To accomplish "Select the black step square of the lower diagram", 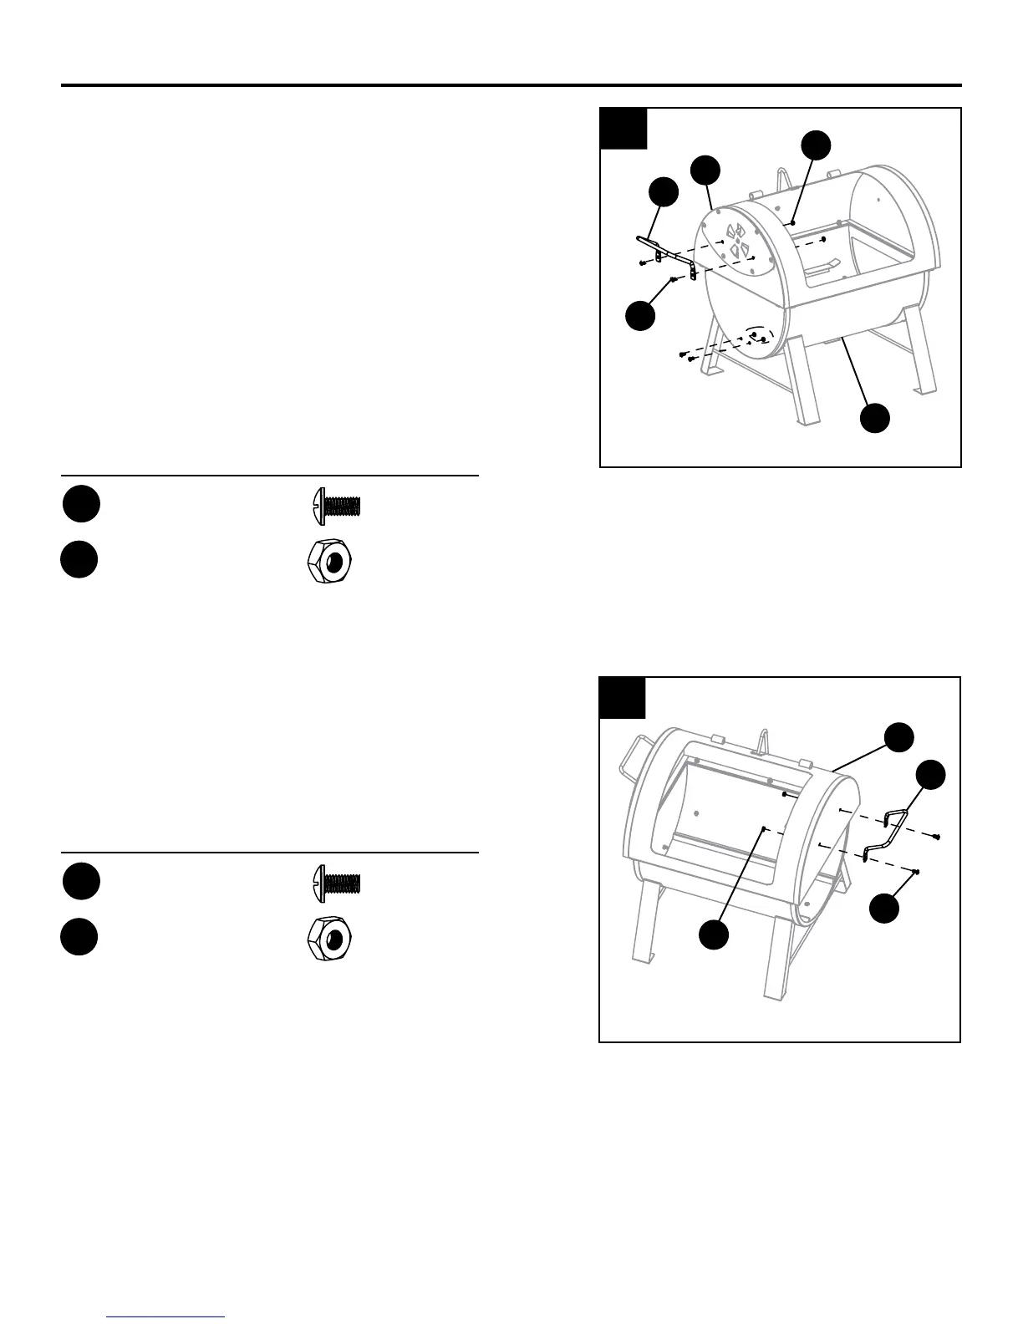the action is click(623, 698).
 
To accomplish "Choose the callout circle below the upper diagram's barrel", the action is click(875, 418).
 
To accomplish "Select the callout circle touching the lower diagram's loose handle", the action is click(930, 775).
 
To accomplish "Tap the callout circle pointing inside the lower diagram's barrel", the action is click(714, 934).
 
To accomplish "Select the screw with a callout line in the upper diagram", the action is click(673, 279).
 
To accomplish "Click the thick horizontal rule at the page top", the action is click(511, 85).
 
